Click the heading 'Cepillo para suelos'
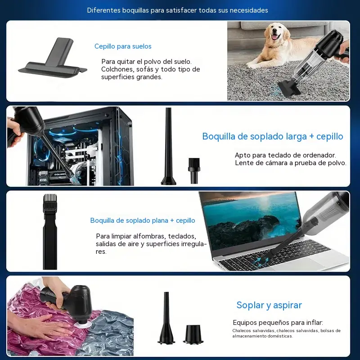click(123, 46)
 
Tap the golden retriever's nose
click(275, 32)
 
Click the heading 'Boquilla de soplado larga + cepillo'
click(273, 136)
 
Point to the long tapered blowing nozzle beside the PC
click(168, 146)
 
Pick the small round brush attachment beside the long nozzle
click(194, 171)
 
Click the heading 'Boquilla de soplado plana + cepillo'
click(143, 220)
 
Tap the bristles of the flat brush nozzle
click(50, 200)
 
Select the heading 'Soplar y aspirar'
click(269, 305)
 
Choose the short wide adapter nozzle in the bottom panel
click(193, 334)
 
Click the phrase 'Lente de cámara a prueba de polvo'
click(290, 163)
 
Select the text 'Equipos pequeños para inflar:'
click(278, 323)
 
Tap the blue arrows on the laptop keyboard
click(262, 261)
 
